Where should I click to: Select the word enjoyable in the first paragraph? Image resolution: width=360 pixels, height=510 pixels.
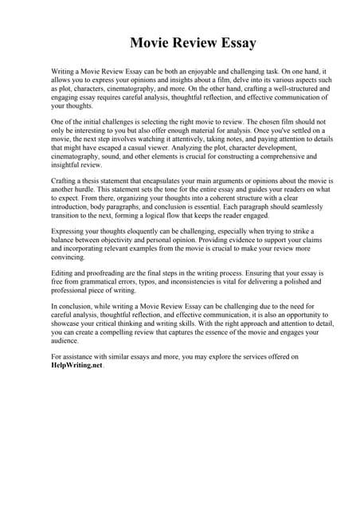tap(203, 71)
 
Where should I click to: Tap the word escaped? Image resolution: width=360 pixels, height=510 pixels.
tap(111, 147)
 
